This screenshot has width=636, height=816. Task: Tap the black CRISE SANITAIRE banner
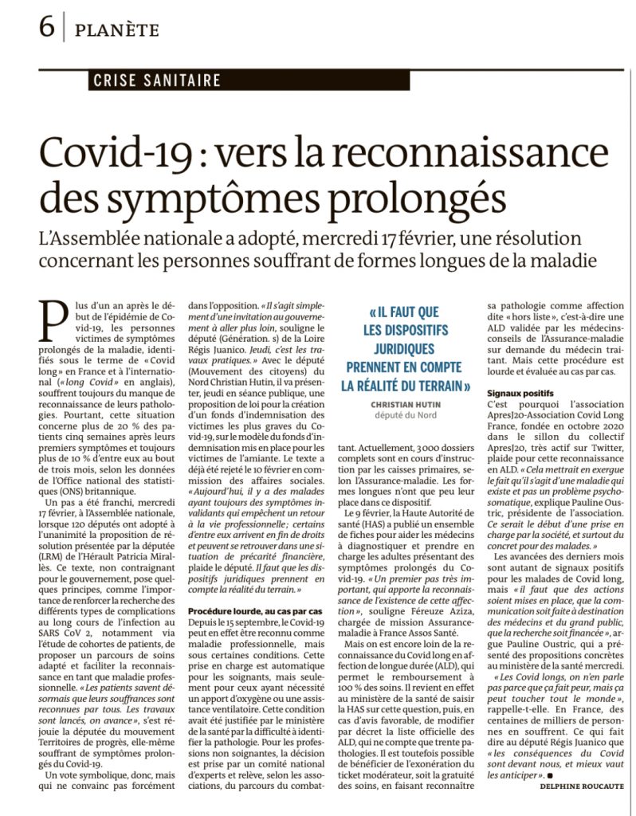pos(156,80)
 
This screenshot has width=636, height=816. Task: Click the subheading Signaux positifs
pos(520,393)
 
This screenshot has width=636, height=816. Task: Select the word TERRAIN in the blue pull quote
pos(434,386)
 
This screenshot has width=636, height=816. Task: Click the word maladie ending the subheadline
pos(559,261)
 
